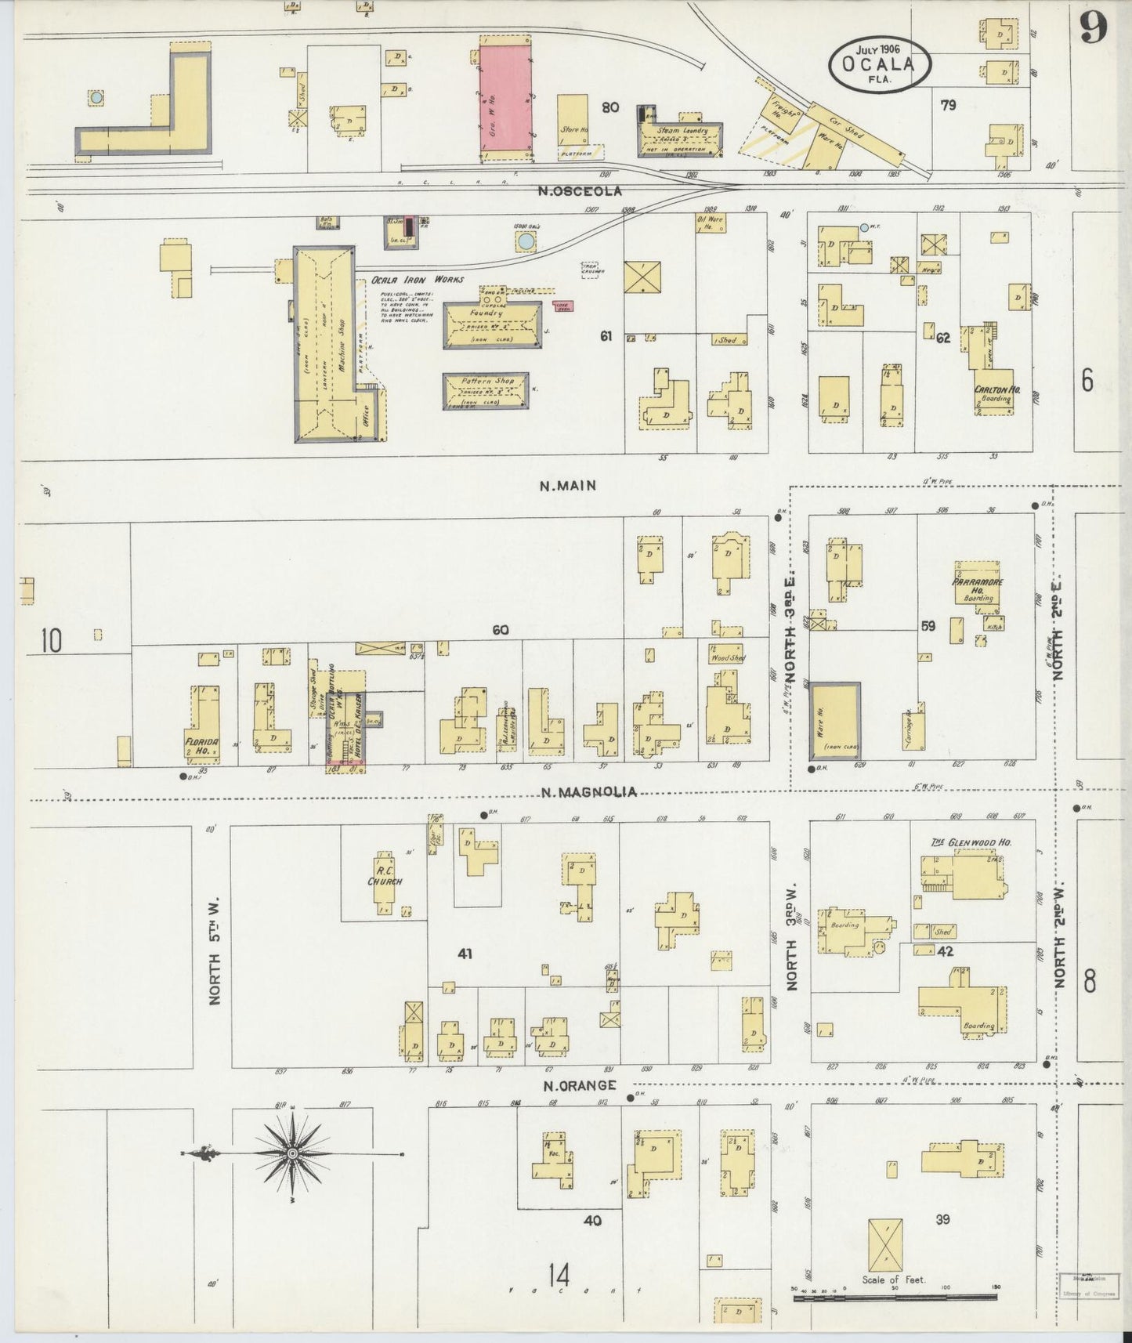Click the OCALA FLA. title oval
tap(880, 61)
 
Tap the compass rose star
tap(291, 1153)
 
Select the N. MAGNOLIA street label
tap(588, 792)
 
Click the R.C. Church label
tap(385, 875)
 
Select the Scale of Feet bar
tap(895, 1298)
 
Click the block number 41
tap(465, 954)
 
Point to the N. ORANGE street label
tap(578, 1085)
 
